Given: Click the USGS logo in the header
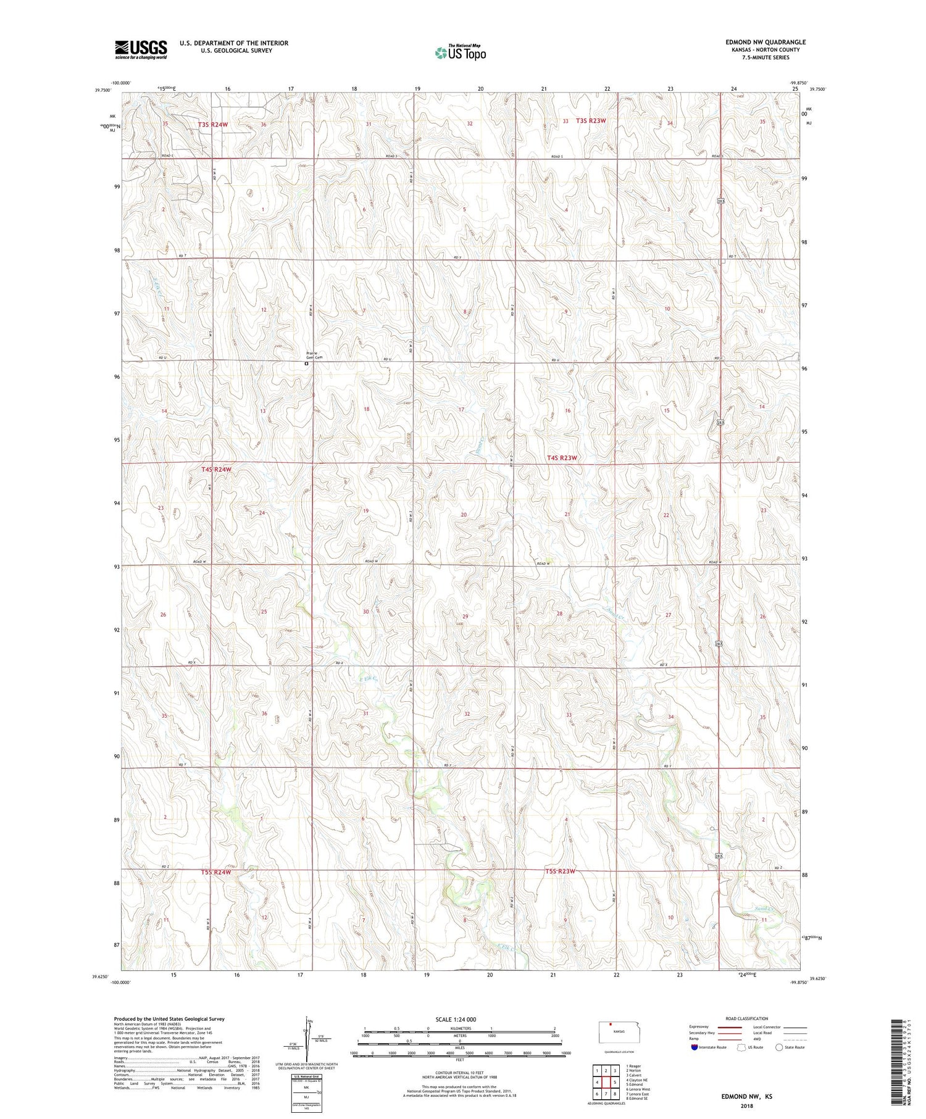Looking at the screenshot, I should [x=141, y=49].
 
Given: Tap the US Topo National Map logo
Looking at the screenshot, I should [x=461, y=52].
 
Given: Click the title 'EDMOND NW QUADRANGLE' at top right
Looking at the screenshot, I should [x=765, y=42].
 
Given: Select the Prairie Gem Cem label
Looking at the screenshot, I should [x=314, y=356].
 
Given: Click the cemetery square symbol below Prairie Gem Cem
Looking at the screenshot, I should [x=306, y=364].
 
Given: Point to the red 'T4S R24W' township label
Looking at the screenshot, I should [x=216, y=469].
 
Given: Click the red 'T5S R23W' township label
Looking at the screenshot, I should [x=561, y=871].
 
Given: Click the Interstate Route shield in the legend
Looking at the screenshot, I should [x=694, y=1047].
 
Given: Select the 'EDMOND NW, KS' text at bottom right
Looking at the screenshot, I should [x=747, y=1096].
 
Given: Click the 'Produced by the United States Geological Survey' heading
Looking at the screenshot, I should [x=169, y=1018].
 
